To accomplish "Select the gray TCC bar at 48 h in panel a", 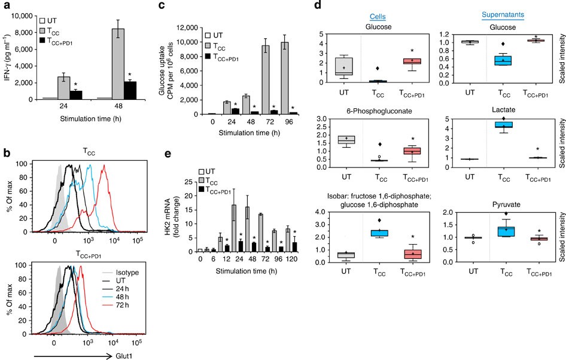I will (135, 63).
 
